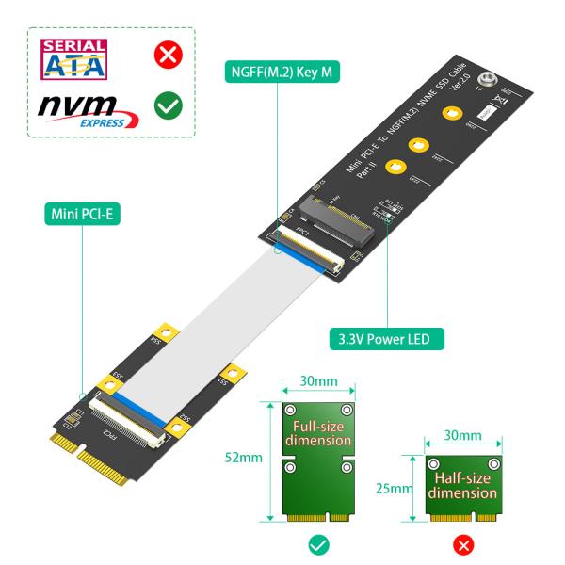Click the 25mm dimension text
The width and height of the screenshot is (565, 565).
401,489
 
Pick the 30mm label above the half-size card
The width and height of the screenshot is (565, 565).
464,438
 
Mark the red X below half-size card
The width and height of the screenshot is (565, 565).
464,544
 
